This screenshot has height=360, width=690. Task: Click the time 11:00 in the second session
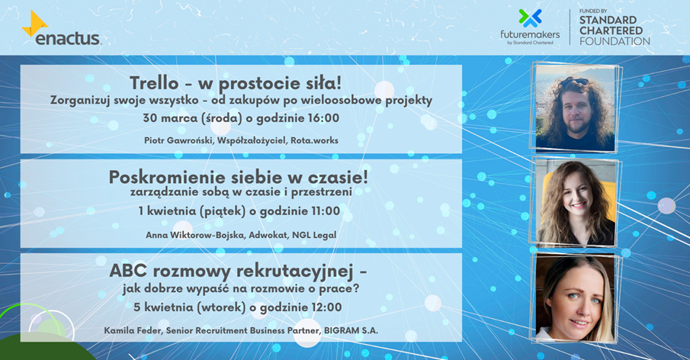pos(326,211)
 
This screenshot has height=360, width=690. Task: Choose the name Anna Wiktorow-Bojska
pos(195,235)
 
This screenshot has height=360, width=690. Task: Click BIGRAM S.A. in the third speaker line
pos(351,330)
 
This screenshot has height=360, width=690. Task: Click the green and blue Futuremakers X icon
pos(530,18)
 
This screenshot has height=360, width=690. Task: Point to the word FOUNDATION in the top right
pos(615,41)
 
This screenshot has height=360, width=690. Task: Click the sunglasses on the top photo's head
pos(574,82)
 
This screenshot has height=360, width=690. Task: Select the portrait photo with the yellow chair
pos(575,202)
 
